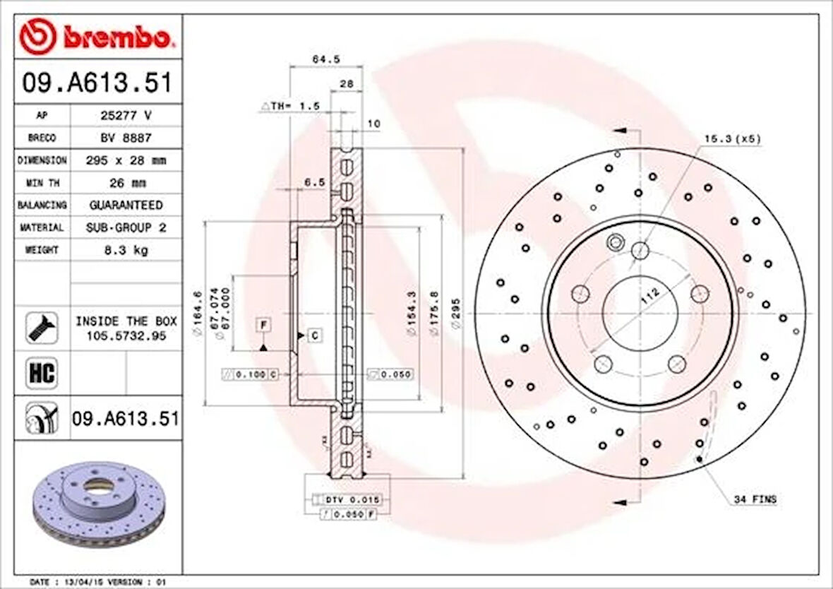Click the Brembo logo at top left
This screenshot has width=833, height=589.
[x=96, y=37]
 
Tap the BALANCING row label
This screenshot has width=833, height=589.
[x=42, y=205]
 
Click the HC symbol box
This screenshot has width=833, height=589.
[x=42, y=372]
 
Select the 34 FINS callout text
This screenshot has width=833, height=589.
[x=755, y=499]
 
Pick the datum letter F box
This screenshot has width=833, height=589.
[x=263, y=325]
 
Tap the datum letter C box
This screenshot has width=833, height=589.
[x=314, y=335]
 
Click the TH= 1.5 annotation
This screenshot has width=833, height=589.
[x=291, y=106]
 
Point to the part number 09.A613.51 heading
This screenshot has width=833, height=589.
[x=97, y=83]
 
